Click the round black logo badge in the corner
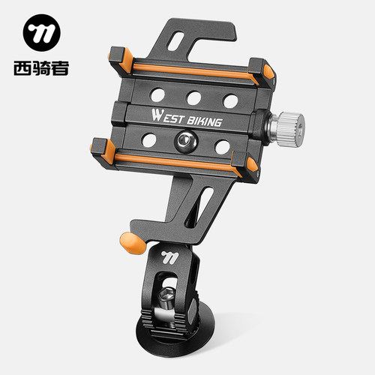click(x=42, y=32)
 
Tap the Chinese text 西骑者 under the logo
click(x=41, y=68)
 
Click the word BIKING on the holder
click(x=204, y=121)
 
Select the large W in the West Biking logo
click(x=157, y=115)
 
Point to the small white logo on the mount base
click(x=169, y=257)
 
